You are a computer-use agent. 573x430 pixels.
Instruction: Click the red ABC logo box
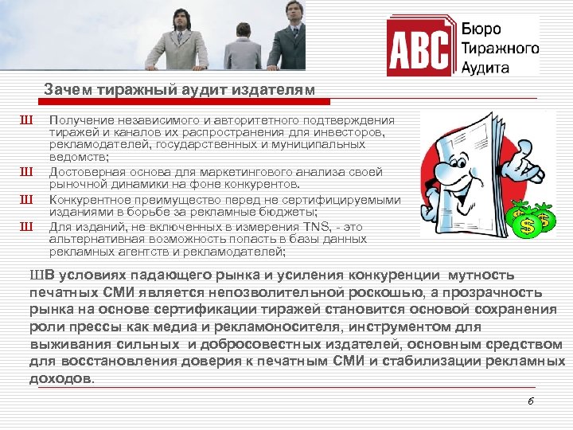tap(419, 49)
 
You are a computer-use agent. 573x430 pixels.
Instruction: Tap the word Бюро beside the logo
tap(482, 29)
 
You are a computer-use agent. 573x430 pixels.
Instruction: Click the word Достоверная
tap(84, 172)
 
